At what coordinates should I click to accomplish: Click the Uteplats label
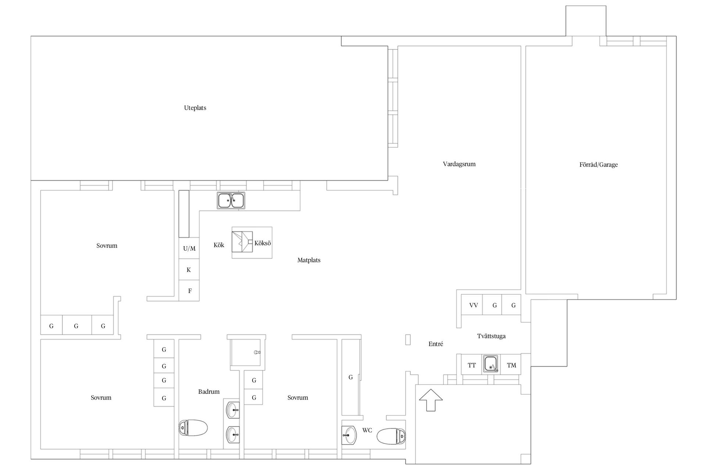tap(195, 108)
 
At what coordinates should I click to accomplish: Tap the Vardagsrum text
tap(459, 164)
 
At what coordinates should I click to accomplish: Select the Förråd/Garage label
tap(598, 164)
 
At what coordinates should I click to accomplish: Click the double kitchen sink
tap(231, 201)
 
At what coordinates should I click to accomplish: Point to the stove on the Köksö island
tap(242, 242)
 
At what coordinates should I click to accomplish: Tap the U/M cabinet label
tap(189, 248)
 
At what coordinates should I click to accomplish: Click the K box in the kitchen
tap(189, 270)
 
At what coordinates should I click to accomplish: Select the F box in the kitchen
tap(189, 291)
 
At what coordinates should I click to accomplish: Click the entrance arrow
tap(431, 400)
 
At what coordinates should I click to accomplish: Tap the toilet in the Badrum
tap(193, 428)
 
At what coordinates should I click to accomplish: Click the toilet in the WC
tap(391, 436)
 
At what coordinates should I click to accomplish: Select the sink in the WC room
tap(349, 435)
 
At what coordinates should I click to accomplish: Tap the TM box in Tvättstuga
tap(511, 365)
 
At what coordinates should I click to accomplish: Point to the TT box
tap(472, 365)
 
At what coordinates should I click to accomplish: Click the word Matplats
tap(309, 260)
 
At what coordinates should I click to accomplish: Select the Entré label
tap(436, 344)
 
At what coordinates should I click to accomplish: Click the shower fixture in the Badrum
tap(257, 352)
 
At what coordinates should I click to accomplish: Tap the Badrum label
tap(209, 392)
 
